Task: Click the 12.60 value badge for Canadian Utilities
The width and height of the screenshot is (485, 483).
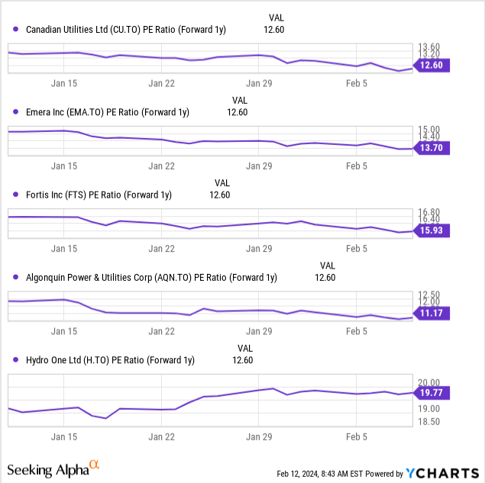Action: [x=432, y=66]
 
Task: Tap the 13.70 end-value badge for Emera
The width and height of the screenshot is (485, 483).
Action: [x=432, y=147]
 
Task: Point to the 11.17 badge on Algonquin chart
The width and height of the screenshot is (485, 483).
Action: [x=432, y=312]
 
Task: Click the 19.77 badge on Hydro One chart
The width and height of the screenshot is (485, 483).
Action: [x=432, y=393]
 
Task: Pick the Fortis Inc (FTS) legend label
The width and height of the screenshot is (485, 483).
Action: [x=99, y=195]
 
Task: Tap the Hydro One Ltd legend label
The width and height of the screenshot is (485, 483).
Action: [x=110, y=359]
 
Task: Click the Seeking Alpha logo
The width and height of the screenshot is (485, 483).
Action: [x=53, y=469]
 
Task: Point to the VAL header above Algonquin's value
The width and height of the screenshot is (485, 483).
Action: [x=327, y=265]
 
